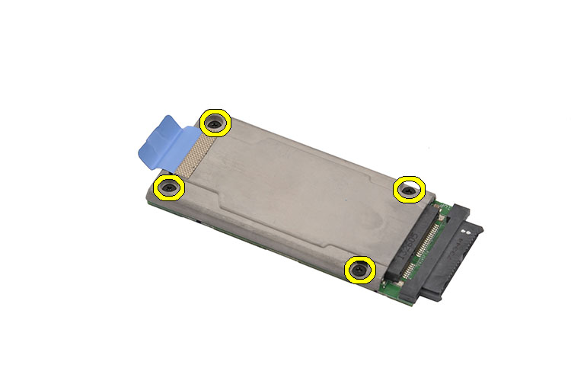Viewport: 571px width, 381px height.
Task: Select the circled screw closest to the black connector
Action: tap(409, 190)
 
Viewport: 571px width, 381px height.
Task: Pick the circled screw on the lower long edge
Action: tap(359, 270)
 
